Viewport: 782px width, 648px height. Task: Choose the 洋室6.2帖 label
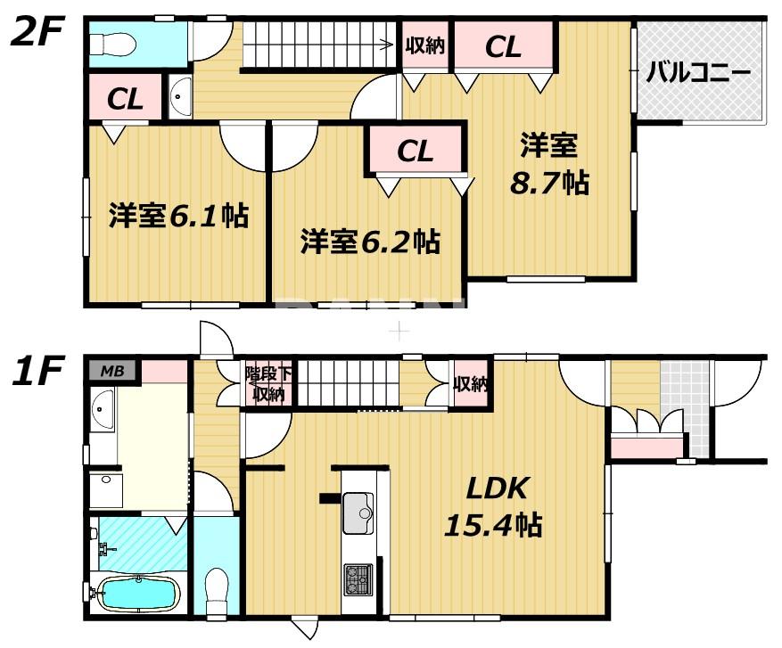pyautogui.click(x=369, y=241)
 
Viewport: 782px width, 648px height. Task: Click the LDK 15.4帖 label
pyautogui.click(x=493, y=506)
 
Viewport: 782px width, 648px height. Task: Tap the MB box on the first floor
pyautogui.click(x=112, y=370)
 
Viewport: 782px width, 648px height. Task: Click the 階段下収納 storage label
pyautogui.click(x=267, y=384)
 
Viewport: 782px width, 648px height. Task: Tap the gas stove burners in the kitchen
pyautogui.click(x=358, y=578)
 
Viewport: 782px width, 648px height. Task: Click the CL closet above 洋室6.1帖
pyautogui.click(x=125, y=100)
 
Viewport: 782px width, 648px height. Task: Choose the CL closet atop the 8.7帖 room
pyautogui.click(x=503, y=47)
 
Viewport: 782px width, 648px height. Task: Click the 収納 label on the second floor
pyautogui.click(x=425, y=45)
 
